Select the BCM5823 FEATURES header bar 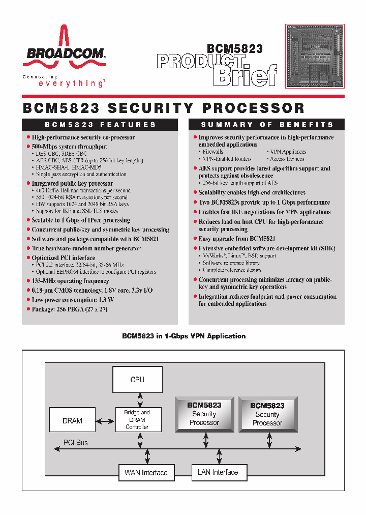100,125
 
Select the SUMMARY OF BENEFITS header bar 267,125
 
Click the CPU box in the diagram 137,380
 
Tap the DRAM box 72,421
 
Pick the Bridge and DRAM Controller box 137,420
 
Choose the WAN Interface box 146,473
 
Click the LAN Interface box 218,472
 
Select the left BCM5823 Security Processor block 204,414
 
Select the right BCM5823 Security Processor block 267,414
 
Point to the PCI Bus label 75,443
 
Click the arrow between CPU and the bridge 137,399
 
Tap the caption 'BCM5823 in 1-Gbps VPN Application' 184,336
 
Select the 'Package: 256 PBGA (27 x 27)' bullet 70,309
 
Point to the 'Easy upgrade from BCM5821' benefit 237,238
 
